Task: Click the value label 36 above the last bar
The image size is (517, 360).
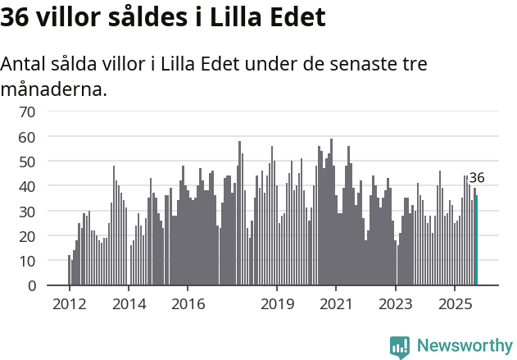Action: pyautogui.click(x=477, y=178)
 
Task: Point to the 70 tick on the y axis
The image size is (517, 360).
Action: pyautogui.click(x=27, y=112)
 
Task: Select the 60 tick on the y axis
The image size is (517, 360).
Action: pyautogui.click(x=27, y=136)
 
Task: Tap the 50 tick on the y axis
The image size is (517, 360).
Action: pyautogui.click(x=27, y=162)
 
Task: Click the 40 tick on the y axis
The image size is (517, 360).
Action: pyautogui.click(x=27, y=186)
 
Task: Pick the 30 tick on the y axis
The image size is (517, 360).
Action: pyautogui.click(x=27, y=212)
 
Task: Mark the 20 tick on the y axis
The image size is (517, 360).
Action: pyautogui.click(x=27, y=236)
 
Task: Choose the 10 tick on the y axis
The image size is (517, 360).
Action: pyautogui.click(x=27, y=261)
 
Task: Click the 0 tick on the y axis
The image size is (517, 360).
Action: pyautogui.click(x=31, y=286)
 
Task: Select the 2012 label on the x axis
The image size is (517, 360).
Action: pyautogui.click(x=69, y=304)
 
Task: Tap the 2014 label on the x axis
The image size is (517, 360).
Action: pyautogui.click(x=129, y=304)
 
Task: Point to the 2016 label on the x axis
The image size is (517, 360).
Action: pyautogui.click(x=188, y=304)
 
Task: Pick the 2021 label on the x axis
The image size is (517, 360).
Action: pyautogui.click(x=337, y=304)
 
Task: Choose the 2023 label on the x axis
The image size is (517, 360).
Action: pyautogui.click(x=396, y=304)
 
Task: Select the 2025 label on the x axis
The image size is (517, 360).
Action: pyautogui.click(x=456, y=304)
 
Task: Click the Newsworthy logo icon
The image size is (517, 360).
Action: pyautogui.click(x=400, y=347)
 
